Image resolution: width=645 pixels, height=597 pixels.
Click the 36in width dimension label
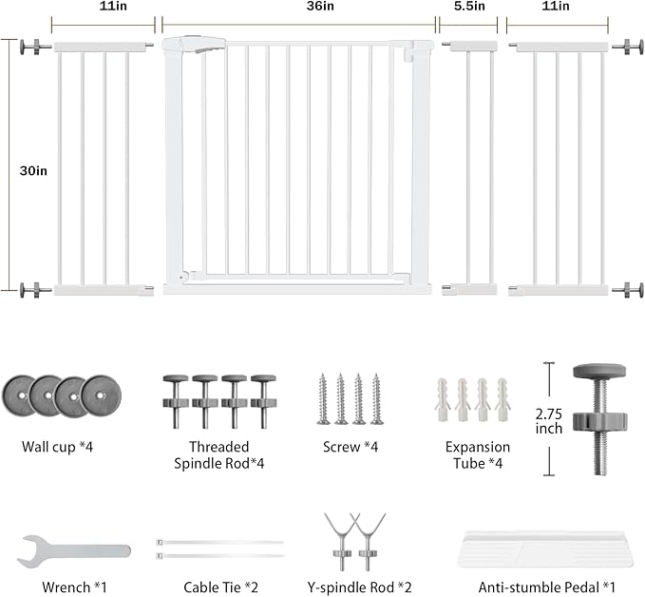(320, 6)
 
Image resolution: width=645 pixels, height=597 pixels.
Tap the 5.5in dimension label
(469, 6)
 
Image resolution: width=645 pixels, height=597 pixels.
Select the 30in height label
(33, 170)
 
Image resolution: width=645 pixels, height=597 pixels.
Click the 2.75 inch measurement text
(549, 421)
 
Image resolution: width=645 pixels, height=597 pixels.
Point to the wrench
(73, 550)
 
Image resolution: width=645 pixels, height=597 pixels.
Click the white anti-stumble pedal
(545, 549)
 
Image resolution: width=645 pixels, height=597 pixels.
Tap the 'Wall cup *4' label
(57, 447)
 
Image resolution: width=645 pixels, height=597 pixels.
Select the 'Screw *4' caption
(351, 447)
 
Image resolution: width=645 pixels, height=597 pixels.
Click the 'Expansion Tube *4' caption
(478, 455)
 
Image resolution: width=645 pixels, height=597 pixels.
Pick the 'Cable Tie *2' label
(221, 587)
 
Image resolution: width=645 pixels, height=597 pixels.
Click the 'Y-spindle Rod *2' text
(359, 587)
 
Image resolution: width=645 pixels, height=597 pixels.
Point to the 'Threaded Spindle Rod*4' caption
(218, 455)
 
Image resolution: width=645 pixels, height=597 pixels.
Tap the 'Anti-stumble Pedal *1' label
(547, 587)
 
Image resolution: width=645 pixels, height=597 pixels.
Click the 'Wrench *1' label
(74, 587)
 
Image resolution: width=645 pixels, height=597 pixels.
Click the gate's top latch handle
(194, 45)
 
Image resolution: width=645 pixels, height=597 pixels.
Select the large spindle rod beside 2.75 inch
(599, 419)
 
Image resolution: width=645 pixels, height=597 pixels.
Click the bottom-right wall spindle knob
(628, 290)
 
